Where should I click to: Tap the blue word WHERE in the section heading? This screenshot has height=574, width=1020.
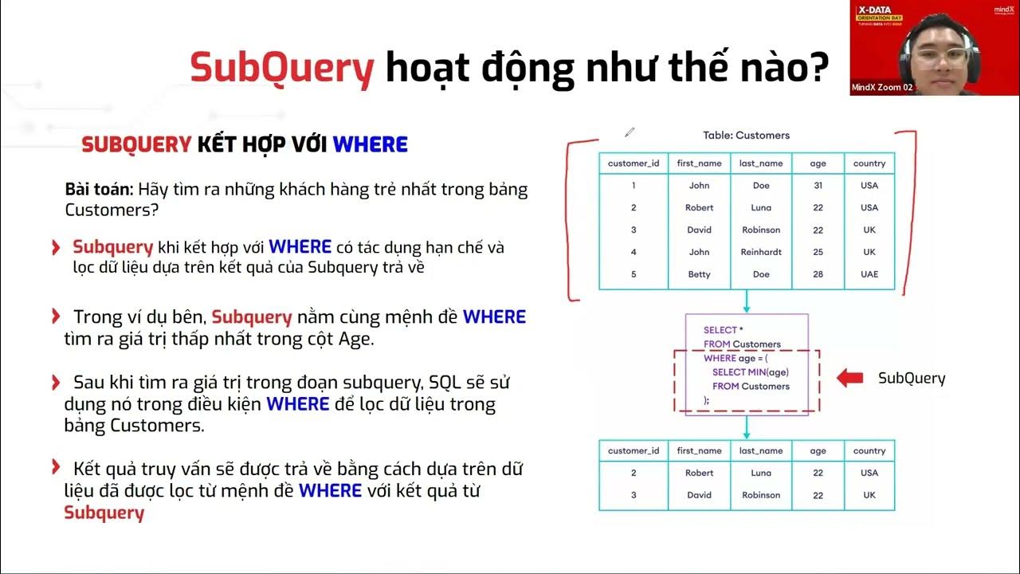pyautogui.click(x=370, y=144)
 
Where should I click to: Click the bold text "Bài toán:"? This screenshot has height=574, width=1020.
pyautogui.click(x=99, y=190)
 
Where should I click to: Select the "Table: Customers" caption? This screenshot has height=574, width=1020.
pyautogui.click(x=746, y=136)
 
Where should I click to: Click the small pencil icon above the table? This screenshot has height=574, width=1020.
pyautogui.click(x=630, y=132)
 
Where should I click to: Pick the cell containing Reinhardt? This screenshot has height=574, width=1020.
pyautogui.click(x=761, y=252)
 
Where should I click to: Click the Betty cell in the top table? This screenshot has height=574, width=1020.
pyautogui.click(x=699, y=274)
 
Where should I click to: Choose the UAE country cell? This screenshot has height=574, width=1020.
pyautogui.click(x=869, y=274)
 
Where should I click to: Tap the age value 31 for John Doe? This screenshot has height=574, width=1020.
pyautogui.click(x=818, y=186)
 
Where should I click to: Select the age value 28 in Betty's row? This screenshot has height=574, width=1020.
pyautogui.click(x=818, y=274)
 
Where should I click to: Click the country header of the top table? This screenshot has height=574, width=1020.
pyautogui.click(x=869, y=163)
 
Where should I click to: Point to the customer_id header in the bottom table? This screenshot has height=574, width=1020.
pyautogui.click(x=634, y=451)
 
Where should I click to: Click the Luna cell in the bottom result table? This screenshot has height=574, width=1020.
pyautogui.click(x=761, y=473)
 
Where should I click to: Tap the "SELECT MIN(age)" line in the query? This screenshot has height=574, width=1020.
pyautogui.click(x=750, y=372)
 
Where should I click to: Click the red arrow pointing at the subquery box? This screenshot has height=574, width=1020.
pyautogui.click(x=849, y=378)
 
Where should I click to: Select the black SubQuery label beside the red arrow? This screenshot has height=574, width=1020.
pyautogui.click(x=911, y=379)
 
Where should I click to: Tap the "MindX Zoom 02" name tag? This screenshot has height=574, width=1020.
pyautogui.click(x=881, y=88)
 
